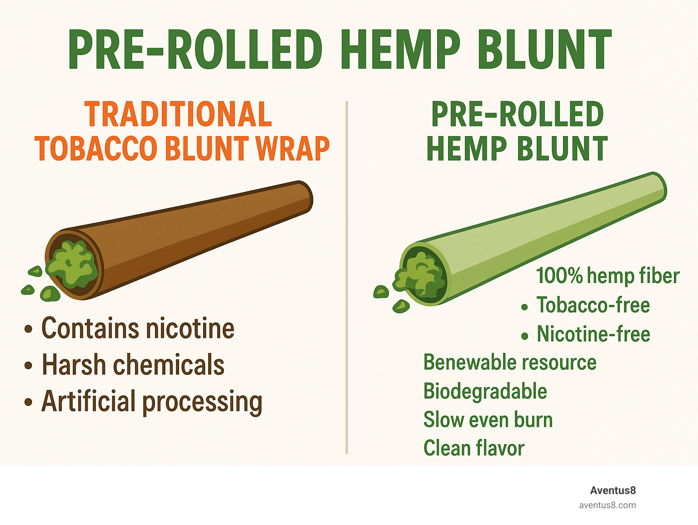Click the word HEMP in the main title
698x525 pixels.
tap(401, 49)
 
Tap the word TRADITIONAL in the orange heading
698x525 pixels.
tap(178, 114)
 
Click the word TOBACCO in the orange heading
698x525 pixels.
tap(96, 148)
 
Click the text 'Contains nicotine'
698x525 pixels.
tap(138, 328)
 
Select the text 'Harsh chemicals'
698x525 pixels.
tap(133, 364)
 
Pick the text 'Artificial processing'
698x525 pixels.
tap(152, 402)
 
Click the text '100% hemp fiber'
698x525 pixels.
tap(608, 276)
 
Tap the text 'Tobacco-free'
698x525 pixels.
tap(593, 305)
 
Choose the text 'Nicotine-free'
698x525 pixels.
tap(593, 334)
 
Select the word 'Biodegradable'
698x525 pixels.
tap(485, 391)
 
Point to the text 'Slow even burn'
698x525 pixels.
tap(488, 419)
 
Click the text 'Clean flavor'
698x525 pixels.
tap(474, 448)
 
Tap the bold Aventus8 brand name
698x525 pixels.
tap(613, 490)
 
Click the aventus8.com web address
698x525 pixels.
tap(608, 505)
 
